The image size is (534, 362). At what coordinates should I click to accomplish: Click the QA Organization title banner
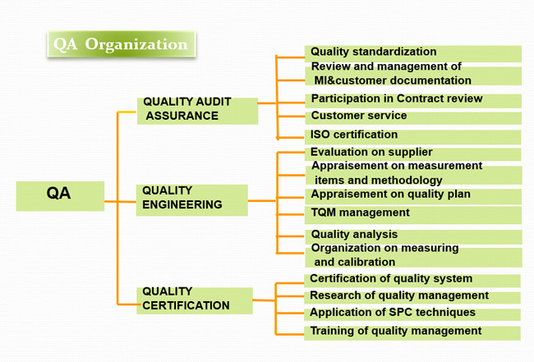point(122,44)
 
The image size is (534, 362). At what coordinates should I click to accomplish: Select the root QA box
point(60,196)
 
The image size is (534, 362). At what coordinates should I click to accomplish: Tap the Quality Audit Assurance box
point(197,111)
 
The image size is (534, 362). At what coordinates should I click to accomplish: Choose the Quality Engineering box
point(192,200)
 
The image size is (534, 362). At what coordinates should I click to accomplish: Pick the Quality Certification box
point(195,300)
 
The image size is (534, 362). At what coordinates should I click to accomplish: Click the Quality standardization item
point(413,53)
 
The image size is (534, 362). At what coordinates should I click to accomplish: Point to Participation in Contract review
point(413,101)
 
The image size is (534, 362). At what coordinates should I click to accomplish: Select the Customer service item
point(413,117)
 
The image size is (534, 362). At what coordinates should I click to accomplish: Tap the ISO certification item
point(412,137)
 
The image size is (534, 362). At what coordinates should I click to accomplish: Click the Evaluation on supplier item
point(412,154)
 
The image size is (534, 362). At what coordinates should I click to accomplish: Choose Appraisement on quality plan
point(412,197)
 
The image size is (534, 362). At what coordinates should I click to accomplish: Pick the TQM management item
point(412,215)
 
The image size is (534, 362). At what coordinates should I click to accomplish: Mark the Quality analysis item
point(413,236)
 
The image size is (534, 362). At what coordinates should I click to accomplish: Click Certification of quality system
point(412,281)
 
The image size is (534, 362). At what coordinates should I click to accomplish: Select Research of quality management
point(412,297)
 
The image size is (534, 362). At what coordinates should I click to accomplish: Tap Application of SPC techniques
point(412,314)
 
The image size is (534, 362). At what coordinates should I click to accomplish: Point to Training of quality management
point(412,332)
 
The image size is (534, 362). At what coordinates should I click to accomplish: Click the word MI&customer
point(350,80)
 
